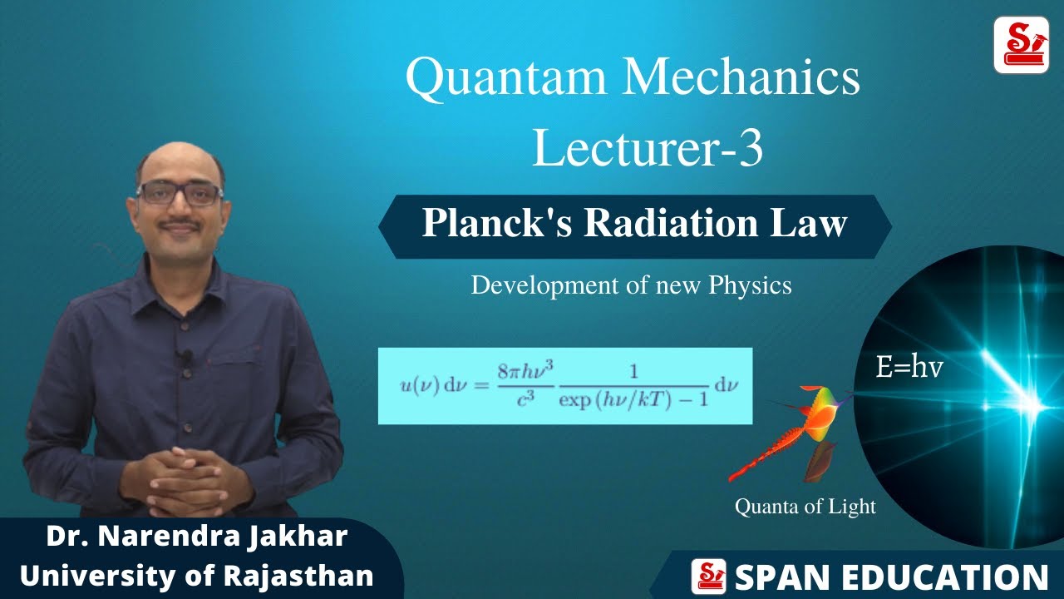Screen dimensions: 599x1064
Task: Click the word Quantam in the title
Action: (506, 77)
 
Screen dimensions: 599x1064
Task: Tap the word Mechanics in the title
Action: (742, 77)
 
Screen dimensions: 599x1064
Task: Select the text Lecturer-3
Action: (648, 149)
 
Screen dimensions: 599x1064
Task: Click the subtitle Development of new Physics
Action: (631, 285)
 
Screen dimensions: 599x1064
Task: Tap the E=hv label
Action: (909, 367)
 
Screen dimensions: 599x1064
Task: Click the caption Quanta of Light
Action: (805, 506)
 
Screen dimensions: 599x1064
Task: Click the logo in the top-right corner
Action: (1020, 46)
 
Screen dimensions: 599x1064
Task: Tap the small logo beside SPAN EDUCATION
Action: (708, 577)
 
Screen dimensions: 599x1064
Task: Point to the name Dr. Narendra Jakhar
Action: (197, 537)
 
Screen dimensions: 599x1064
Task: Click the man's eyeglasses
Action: (179, 194)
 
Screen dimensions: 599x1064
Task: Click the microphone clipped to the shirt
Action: (186, 357)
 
